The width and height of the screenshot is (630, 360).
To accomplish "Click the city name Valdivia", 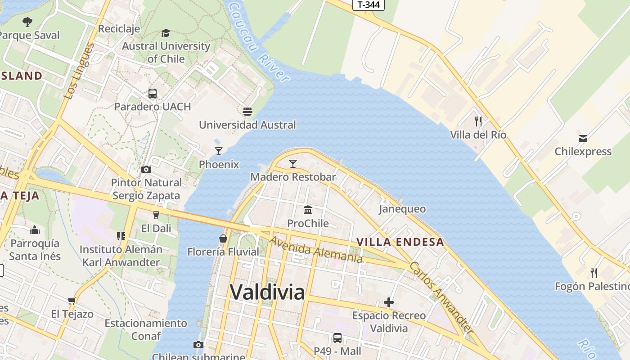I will pyautogui.click(x=267, y=292).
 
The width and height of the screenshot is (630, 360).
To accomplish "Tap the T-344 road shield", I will pyautogui.click(x=369, y=5).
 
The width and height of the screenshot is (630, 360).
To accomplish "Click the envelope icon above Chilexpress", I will pyautogui.click(x=583, y=138).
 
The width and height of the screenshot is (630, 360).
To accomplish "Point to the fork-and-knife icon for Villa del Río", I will pyautogui.click(x=478, y=121).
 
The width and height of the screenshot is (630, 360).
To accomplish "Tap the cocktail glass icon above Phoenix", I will pyautogui.click(x=219, y=151).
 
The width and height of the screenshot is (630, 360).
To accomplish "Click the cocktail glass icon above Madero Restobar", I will pyautogui.click(x=293, y=163).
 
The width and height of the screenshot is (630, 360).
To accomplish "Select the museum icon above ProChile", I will pyautogui.click(x=308, y=210).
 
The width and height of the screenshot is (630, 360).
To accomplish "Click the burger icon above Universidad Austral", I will pyautogui.click(x=247, y=111).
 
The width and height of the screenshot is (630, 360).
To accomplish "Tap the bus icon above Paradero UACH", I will pyautogui.click(x=153, y=94).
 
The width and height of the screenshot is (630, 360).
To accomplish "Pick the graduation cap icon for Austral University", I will pyautogui.click(x=166, y=33).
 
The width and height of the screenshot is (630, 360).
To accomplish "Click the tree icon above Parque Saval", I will pyautogui.click(x=27, y=22).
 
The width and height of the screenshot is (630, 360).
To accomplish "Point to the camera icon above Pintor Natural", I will pyautogui.click(x=146, y=170).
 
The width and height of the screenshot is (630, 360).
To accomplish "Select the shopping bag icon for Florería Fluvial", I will pyautogui.click(x=223, y=238).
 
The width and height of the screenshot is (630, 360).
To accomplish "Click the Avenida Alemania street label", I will pyautogui.click(x=316, y=249).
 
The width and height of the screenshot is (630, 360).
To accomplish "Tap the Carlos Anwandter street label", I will pyautogui.click(x=441, y=297).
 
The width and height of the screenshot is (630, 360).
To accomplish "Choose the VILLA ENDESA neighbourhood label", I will pyautogui.click(x=400, y=242).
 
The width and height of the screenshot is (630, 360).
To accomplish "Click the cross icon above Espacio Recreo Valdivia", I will pyautogui.click(x=389, y=302).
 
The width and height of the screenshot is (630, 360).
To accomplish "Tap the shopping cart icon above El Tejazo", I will pyautogui.click(x=72, y=301).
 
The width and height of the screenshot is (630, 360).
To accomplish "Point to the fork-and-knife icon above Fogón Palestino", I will pyautogui.click(x=594, y=273).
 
